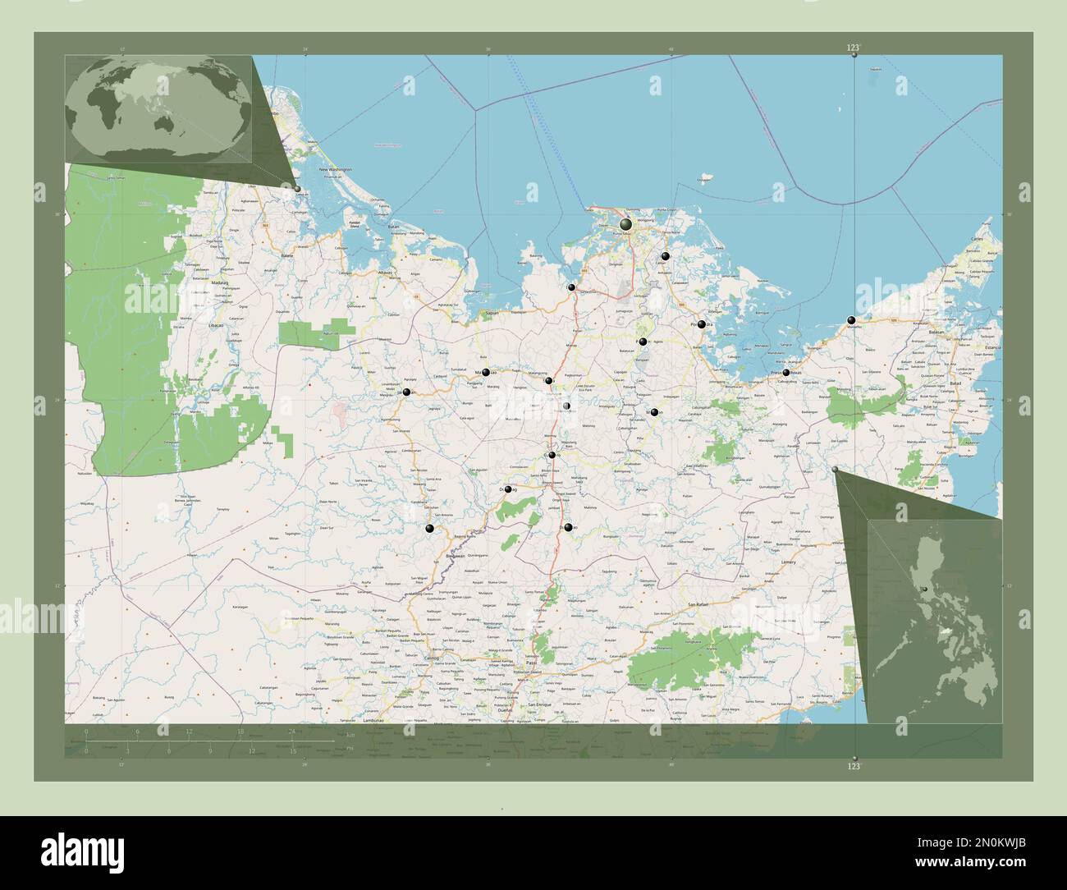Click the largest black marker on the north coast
[626, 224]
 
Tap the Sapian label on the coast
[493, 314]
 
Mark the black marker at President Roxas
[786, 372]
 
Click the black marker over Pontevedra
[702, 325]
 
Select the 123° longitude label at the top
[854, 49]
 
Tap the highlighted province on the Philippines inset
[925, 588]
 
